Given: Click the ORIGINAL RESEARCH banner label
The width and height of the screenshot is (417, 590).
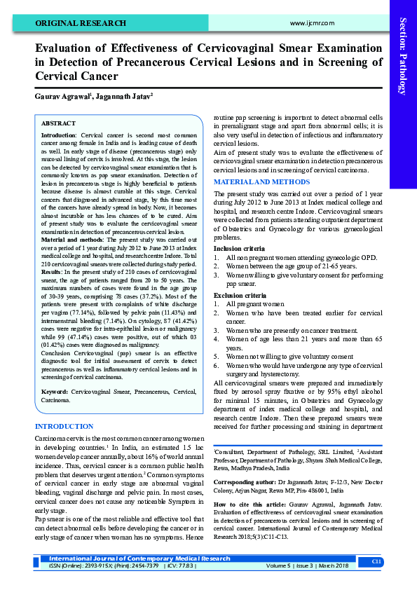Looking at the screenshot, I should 71,22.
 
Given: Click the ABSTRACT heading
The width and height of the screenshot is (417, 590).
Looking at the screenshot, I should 59,123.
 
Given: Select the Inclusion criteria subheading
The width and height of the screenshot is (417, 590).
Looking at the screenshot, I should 239,249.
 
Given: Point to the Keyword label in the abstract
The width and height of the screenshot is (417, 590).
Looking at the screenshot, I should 55,391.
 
